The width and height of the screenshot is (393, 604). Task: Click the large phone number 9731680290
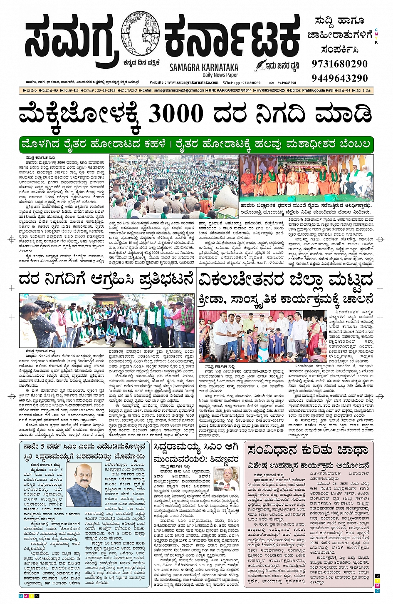[340, 64]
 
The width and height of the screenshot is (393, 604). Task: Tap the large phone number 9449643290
[340, 78]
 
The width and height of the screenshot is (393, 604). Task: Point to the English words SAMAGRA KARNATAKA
[204, 67]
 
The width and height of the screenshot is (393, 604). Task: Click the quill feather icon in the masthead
[261, 65]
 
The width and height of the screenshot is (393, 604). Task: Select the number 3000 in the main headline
[175, 114]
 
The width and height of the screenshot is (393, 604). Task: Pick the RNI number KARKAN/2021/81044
[233, 90]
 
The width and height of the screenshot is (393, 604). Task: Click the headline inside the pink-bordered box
[308, 450]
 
